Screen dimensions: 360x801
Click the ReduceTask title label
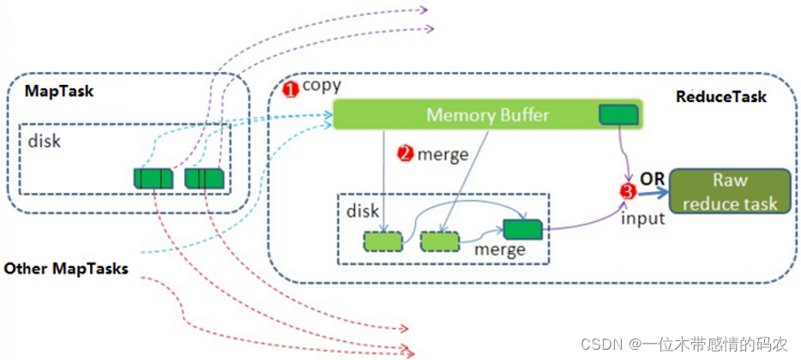721,97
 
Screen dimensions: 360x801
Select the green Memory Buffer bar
487,115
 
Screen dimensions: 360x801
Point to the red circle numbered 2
405,153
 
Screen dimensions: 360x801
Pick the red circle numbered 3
628,192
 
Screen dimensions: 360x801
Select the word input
643,218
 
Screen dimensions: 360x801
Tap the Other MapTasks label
66,269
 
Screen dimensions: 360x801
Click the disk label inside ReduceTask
364,210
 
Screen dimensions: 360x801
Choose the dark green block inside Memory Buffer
618,114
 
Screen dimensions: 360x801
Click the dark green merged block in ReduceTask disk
522,229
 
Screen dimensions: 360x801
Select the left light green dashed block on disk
382,241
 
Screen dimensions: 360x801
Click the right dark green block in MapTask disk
205,178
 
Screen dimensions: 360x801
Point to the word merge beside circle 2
443,154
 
